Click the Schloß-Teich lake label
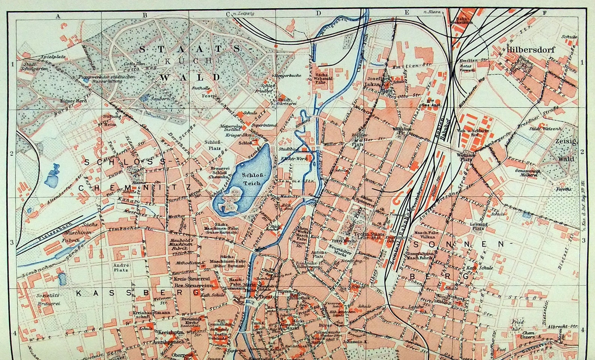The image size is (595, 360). [x=253, y=179]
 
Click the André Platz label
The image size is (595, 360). [x=121, y=267]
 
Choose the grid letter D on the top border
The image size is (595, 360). [x=318, y=13]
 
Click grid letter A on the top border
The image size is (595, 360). [x=58, y=16]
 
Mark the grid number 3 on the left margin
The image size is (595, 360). [x=12, y=242]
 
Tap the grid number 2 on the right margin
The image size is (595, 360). [x=582, y=152]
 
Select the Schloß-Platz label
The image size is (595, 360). [x=214, y=145]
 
